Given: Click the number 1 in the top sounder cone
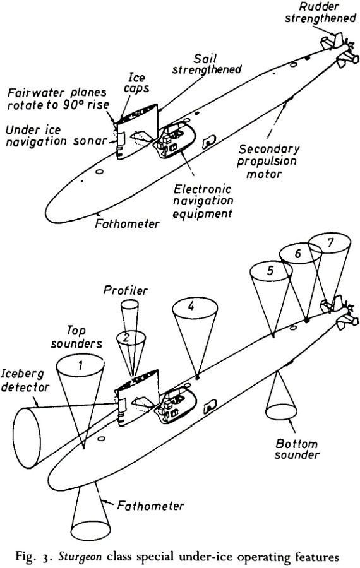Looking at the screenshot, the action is (x=80, y=366).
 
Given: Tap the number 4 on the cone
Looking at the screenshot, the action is (x=191, y=306).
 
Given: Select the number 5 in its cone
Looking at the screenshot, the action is (x=270, y=271).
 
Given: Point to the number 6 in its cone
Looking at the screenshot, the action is (x=298, y=253).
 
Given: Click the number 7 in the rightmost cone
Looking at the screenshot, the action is (x=330, y=243).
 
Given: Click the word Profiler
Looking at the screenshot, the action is (x=126, y=290).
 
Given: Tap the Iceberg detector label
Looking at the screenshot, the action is (x=25, y=381).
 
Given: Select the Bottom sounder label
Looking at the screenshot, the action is (x=297, y=449).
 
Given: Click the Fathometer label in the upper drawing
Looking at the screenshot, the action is (x=127, y=223).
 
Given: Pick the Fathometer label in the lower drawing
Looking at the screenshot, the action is (x=150, y=506).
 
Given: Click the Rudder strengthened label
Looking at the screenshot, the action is (x=320, y=13).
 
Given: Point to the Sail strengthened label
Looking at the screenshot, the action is (x=207, y=64).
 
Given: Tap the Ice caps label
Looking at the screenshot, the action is (x=136, y=83).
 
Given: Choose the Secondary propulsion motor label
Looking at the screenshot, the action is (x=268, y=161).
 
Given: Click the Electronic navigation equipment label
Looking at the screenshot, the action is (x=203, y=201).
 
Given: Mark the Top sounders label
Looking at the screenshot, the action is (x=76, y=336).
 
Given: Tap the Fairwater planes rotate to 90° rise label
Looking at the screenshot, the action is (x=58, y=98).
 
